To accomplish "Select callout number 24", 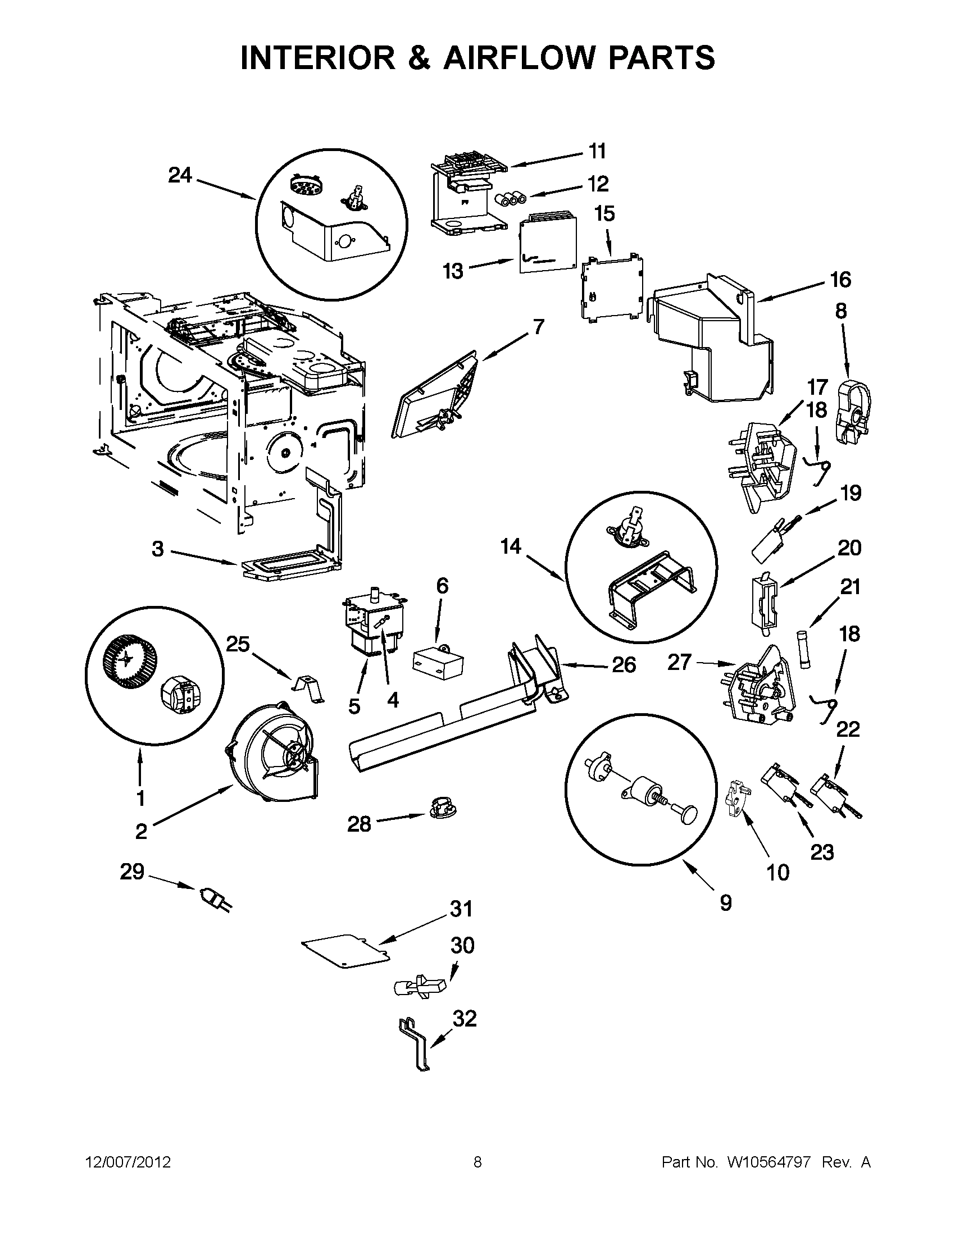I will point(180,175).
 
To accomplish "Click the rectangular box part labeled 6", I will point(438,662).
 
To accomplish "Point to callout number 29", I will point(132,872).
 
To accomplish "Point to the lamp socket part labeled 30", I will point(420,988).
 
